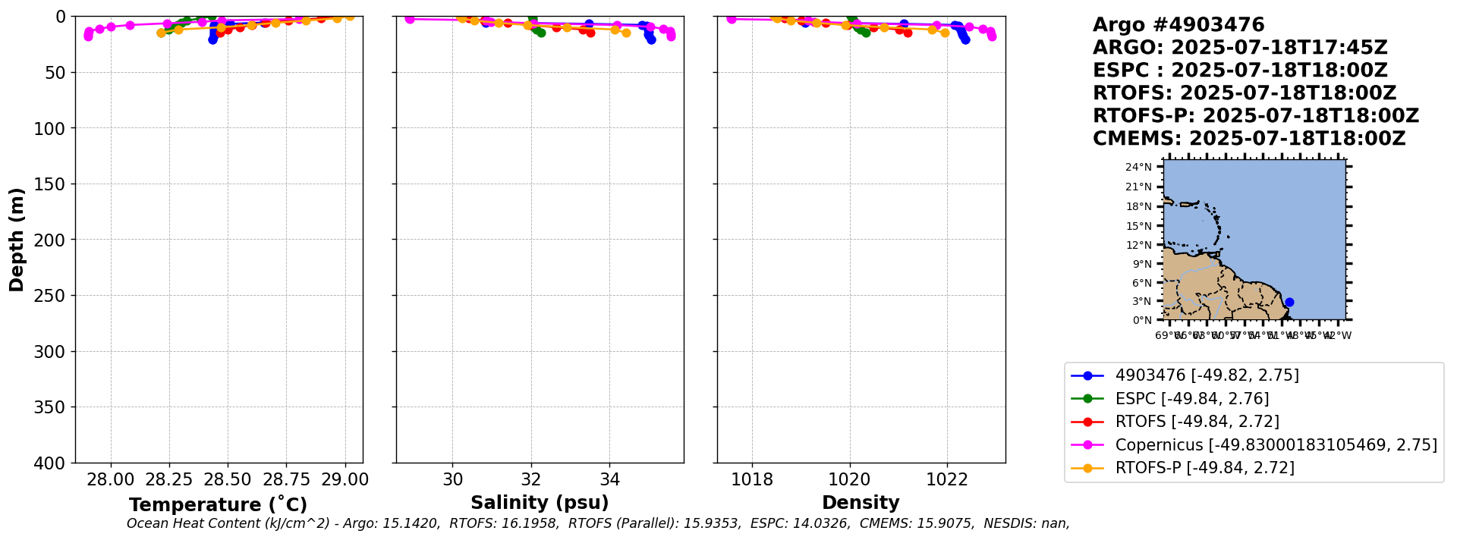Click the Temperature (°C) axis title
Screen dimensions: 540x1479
[x=218, y=504]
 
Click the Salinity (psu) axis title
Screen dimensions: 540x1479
[x=540, y=503]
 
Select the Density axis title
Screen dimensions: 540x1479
[x=861, y=503]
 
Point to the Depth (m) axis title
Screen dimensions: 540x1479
[x=17, y=239]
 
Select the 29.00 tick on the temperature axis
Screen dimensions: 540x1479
[x=345, y=479]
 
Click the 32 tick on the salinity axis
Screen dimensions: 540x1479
[x=531, y=479]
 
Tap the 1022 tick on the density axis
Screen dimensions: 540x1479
[x=947, y=479]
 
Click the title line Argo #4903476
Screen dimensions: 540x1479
[x=1178, y=25]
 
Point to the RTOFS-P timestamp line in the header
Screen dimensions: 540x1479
[x=1255, y=116]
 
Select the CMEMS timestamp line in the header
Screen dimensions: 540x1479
[x=1249, y=139]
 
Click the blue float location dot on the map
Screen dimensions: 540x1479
[x=1289, y=302]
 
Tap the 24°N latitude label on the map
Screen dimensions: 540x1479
[x=1138, y=167]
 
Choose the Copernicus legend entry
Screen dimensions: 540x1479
[x=1276, y=445]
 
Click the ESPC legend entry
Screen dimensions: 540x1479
[x=1191, y=399]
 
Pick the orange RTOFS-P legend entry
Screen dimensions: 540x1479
[x=1204, y=468]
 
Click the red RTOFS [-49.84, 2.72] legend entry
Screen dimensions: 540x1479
[x=1197, y=422]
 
